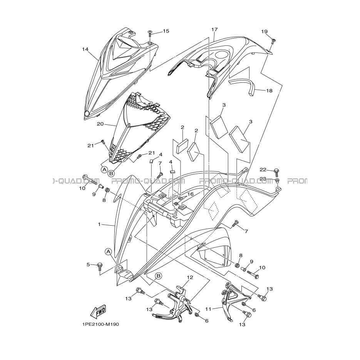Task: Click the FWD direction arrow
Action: point(98,312)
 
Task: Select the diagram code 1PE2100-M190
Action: point(100,325)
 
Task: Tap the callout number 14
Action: point(85,49)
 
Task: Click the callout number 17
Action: point(214,29)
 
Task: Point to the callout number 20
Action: point(100,124)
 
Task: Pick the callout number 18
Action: point(269,91)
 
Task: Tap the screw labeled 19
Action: point(274,42)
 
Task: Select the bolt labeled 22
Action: point(276,172)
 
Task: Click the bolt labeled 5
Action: point(100,266)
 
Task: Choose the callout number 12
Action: point(190,277)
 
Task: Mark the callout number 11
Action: point(208,309)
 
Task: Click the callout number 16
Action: point(191,194)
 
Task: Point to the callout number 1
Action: point(99,224)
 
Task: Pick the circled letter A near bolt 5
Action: point(108,252)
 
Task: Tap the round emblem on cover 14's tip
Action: point(87,114)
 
